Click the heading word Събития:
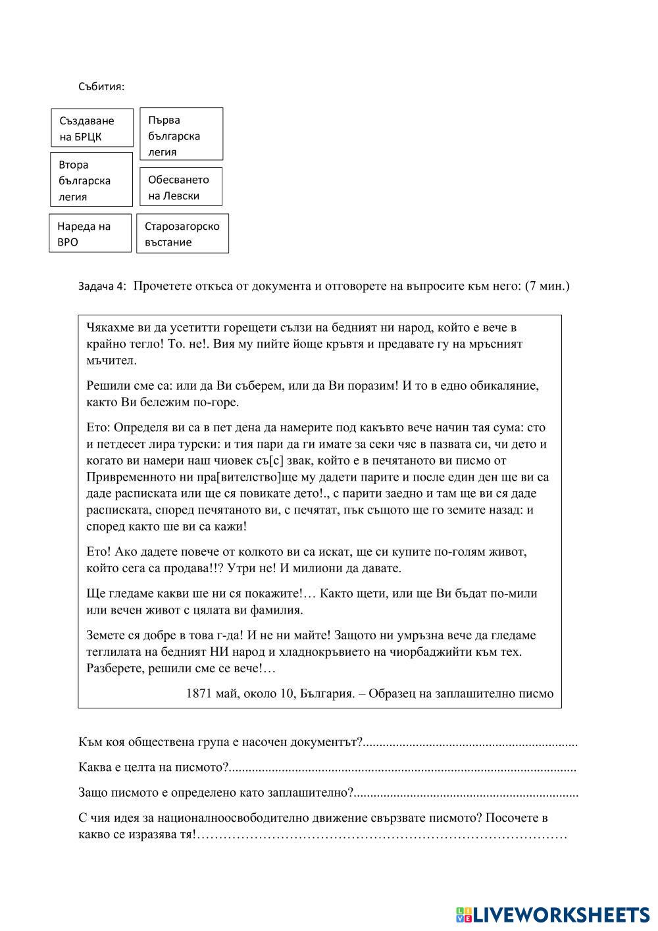coord(101,86)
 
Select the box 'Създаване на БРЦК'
coord(92,128)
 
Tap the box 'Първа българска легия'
coord(182,134)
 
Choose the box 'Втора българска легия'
coord(91,180)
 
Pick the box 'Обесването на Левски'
coord(181,187)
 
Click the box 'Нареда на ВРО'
coord(91,233)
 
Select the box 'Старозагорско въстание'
coord(183,233)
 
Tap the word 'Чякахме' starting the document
coord(109,327)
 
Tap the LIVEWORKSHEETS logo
coord(553,914)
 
